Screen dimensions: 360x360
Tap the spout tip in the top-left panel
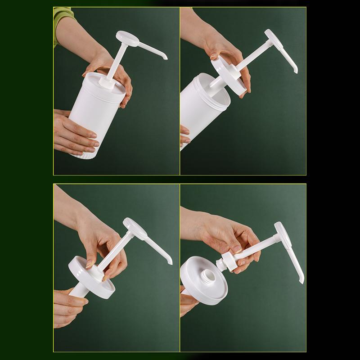coord(165,58)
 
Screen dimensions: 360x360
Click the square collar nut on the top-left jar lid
coord(106,83)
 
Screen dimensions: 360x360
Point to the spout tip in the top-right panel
coord(296,71)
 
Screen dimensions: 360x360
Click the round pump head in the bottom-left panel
coord(135,228)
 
